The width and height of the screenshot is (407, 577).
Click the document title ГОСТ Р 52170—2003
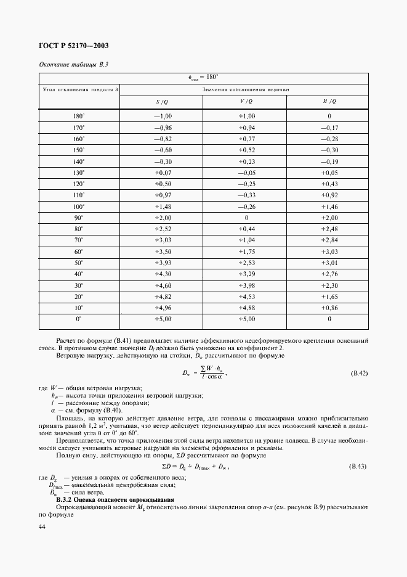73,46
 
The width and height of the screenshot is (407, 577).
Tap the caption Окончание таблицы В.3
70,65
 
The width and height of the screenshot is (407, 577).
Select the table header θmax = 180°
203,78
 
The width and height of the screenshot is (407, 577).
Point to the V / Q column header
246,101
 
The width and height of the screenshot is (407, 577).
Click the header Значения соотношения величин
246,89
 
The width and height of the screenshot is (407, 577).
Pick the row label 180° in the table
78,116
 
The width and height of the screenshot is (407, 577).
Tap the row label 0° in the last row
78,319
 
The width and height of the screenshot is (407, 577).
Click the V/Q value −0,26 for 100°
246,207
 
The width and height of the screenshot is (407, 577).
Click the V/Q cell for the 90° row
246,218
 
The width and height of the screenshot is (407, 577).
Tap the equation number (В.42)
358,374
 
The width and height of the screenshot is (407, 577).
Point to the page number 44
42,526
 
